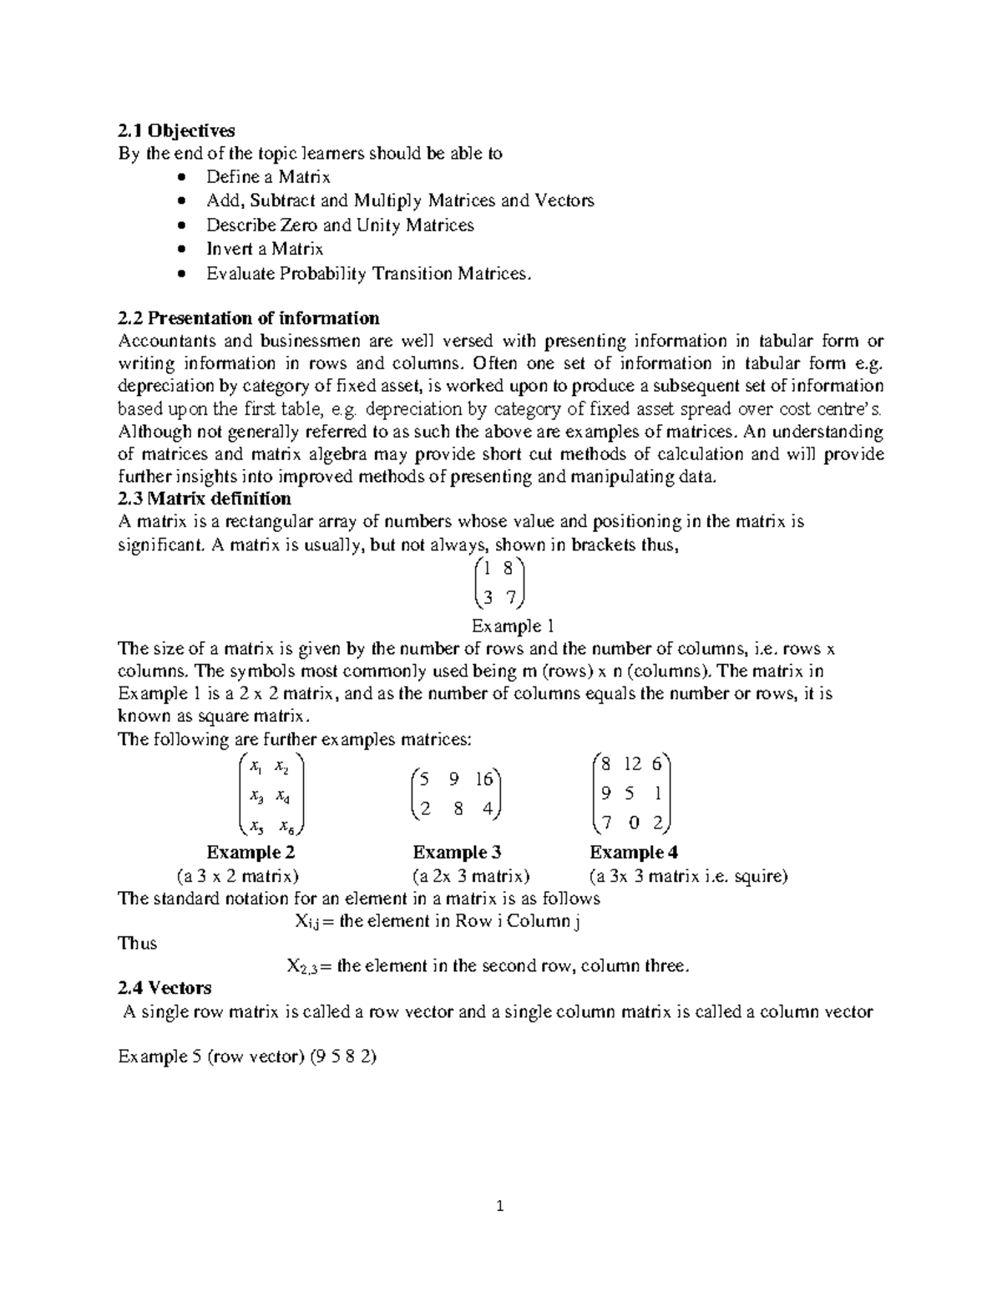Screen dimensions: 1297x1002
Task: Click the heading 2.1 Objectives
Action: pos(176,130)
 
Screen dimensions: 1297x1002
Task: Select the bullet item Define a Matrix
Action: pos(268,177)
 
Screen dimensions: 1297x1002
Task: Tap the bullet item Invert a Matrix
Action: pos(265,249)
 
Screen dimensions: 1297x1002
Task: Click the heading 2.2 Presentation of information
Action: pos(249,318)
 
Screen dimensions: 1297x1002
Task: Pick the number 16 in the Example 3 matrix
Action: pos(484,779)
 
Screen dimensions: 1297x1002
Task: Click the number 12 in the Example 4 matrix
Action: pos(632,763)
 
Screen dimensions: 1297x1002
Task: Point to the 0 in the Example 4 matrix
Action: pos(635,823)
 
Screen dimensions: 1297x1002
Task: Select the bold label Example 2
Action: pos(250,853)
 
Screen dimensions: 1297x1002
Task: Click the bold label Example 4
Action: pos(634,853)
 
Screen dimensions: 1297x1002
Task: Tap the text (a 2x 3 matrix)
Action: pos(472,876)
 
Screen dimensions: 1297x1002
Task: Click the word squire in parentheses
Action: pos(757,876)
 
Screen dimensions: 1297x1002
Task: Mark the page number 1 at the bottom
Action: pos(500,1206)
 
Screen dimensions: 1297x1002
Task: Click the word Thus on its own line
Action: pos(138,943)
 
